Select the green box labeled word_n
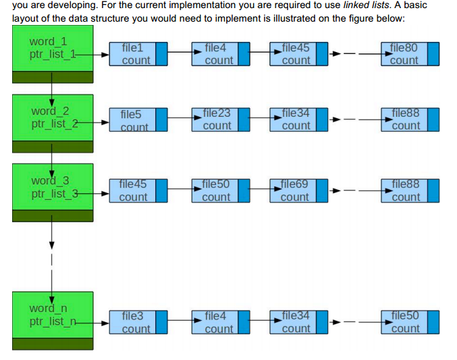click(53, 315)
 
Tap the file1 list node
click(132, 54)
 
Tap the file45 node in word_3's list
click(132, 190)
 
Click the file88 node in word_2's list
click(404, 120)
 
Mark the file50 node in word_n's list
click(404, 322)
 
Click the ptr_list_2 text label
click(54, 123)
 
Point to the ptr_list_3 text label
click(54, 195)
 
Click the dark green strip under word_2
click(53, 147)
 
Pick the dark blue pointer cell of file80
click(433, 54)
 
